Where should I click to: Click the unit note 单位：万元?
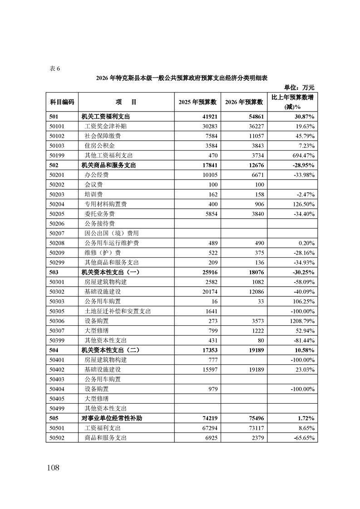click(299, 87)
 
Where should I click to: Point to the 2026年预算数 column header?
click(243, 103)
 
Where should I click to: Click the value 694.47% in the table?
click(299, 155)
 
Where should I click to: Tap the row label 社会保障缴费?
click(103, 136)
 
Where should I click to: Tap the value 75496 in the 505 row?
click(254, 418)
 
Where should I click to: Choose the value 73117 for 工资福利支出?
click(254, 428)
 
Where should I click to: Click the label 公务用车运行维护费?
click(112, 243)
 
